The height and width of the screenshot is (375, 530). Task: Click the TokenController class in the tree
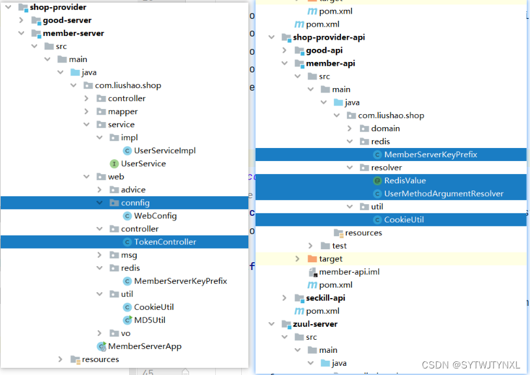(x=164, y=242)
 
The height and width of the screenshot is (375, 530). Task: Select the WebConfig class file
(x=155, y=216)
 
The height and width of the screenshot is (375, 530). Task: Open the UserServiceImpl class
(x=164, y=151)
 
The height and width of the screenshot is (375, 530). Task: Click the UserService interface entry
(x=143, y=164)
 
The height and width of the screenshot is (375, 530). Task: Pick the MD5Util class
(x=149, y=320)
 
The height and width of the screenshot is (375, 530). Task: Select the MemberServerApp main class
(x=144, y=346)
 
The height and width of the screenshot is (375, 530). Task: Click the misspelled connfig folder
(x=135, y=203)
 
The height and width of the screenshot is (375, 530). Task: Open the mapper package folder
(x=123, y=112)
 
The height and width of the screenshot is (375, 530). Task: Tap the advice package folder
(x=133, y=190)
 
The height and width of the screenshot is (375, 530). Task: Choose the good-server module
(x=67, y=20)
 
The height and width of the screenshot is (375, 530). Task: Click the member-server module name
(x=73, y=33)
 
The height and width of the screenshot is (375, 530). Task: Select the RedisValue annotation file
(x=404, y=181)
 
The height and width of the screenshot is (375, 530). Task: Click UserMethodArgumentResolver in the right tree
(x=443, y=194)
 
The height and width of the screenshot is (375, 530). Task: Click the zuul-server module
(x=315, y=324)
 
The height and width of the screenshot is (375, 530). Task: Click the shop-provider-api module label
(x=329, y=37)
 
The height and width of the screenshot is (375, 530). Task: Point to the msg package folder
(x=128, y=255)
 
